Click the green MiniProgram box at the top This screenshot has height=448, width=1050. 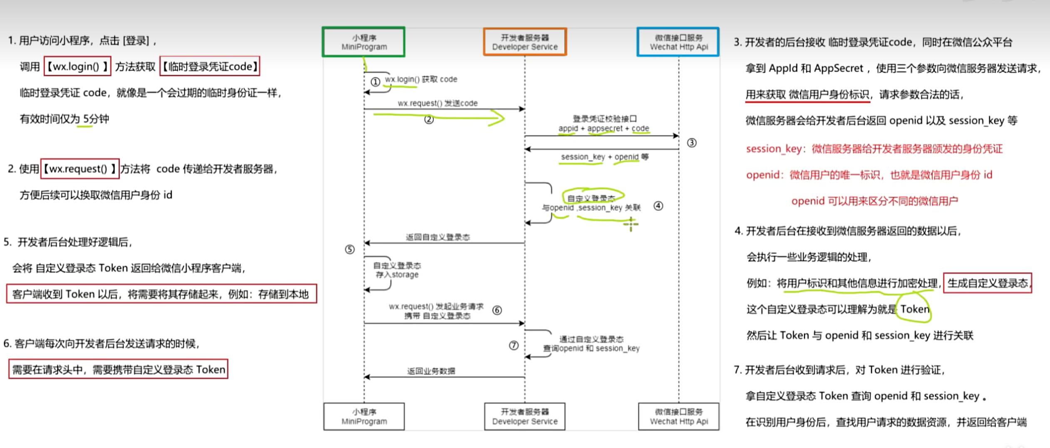click(364, 42)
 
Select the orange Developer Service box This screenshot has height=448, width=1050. click(525, 42)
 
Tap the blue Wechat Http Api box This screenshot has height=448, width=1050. click(678, 42)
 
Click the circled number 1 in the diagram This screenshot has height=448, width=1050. click(375, 82)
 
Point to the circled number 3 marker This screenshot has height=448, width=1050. click(692, 143)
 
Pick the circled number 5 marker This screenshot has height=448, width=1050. click(350, 249)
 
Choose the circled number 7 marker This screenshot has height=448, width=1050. click(514, 345)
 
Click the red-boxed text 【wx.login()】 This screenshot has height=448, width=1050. click(77, 66)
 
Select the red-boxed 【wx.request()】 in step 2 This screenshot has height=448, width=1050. click(80, 169)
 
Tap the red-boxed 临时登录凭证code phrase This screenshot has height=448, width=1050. click(210, 66)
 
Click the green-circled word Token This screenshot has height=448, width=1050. click(914, 309)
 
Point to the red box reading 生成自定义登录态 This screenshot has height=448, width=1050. click(987, 283)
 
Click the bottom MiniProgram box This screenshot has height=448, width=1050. click(364, 416)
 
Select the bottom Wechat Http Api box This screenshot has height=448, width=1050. click(678, 416)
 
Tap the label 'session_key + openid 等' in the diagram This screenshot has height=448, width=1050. click(604, 157)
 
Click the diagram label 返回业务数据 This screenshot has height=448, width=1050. click(431, 371)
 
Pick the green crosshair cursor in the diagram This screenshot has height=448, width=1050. click(631, 224)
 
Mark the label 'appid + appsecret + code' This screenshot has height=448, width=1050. click(603, 128)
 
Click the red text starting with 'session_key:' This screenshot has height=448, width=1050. click(874, 149)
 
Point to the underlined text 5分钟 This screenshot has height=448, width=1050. click(96, 119)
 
